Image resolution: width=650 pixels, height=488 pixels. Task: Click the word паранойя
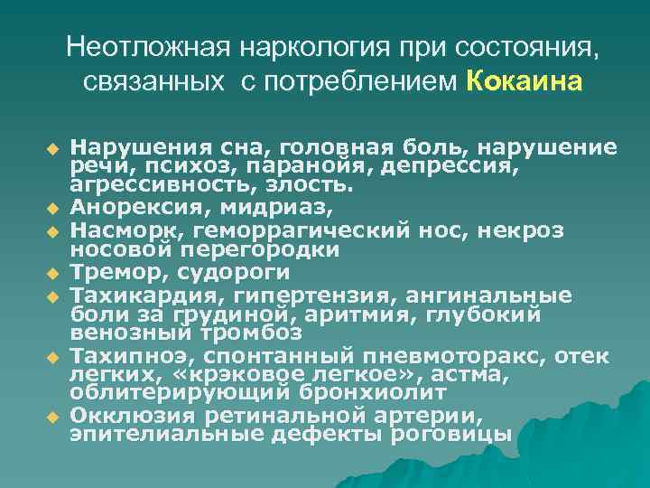point(265,167)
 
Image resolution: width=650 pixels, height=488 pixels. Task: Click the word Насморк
point(112,230)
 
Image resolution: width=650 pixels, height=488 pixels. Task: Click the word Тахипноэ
point(117,355)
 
